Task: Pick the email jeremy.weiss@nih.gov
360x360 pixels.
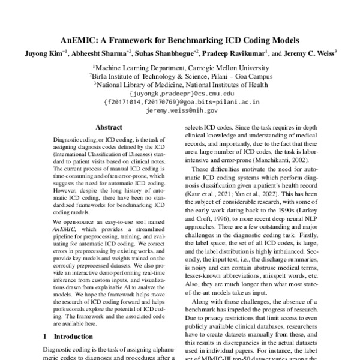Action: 180,111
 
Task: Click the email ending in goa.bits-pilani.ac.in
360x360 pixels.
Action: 180,102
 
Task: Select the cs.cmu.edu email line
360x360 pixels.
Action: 180,94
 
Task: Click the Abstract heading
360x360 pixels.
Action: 109,128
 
